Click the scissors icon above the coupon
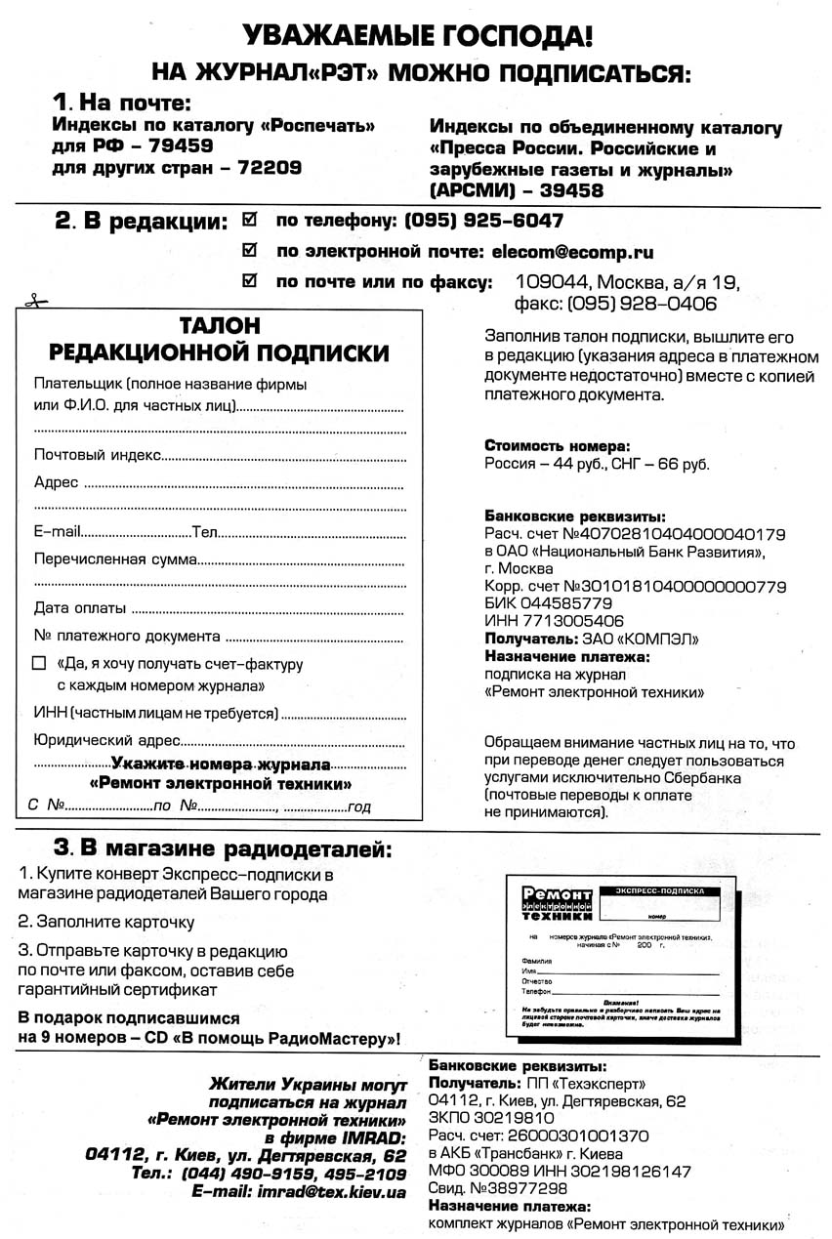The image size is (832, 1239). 33,302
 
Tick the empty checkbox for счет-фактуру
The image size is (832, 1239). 39,663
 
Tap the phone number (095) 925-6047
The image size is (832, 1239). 483,221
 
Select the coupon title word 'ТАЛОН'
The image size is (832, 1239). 220,325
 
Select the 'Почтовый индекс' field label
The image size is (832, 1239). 97,454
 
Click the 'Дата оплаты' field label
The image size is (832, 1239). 79,608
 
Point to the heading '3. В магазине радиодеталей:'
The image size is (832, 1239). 222,847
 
